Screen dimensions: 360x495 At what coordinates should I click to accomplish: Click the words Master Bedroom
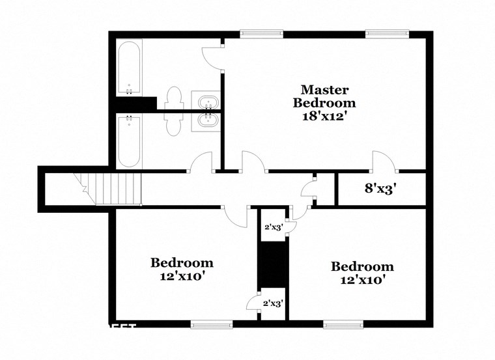[x=324, y=96]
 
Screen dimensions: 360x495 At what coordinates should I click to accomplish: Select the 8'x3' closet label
[x=380, y=189]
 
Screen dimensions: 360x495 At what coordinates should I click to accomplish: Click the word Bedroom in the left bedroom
[x=182, y=263]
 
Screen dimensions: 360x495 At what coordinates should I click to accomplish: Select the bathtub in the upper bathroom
[x=130, y=68]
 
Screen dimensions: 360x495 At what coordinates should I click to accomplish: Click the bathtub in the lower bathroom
[x=130, y=141]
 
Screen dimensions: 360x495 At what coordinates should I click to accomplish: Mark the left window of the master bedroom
[x=262, y=33]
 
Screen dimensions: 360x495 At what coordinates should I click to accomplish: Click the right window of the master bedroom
[x=386, y=33]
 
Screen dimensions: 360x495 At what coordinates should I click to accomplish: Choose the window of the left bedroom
[x=212, y=323]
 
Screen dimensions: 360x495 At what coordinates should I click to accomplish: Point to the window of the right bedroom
[x=344, y=323]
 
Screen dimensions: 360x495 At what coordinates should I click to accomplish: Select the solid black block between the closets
[x=272, y=264]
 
